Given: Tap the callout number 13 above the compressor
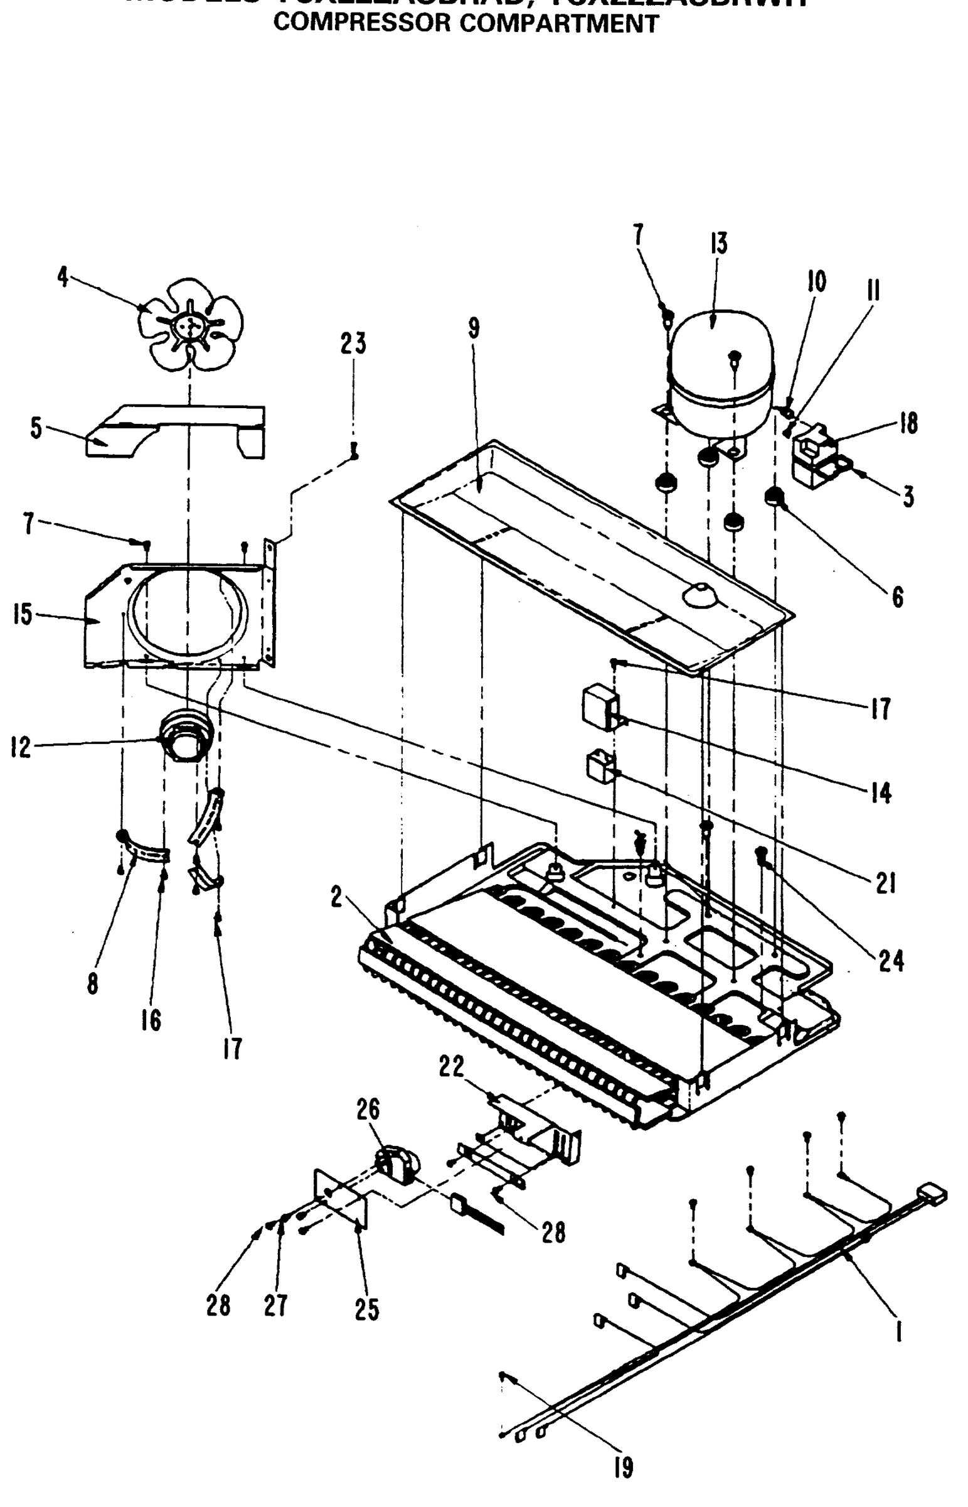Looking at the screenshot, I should tap(718, 244).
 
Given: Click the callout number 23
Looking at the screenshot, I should tap(353, 344).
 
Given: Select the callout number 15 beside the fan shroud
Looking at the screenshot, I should tap(23, 615).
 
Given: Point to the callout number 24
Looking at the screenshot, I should tap(891, 961).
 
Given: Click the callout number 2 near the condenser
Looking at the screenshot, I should tap(338, 898).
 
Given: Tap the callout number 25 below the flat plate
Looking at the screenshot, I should tap(367, 1309).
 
